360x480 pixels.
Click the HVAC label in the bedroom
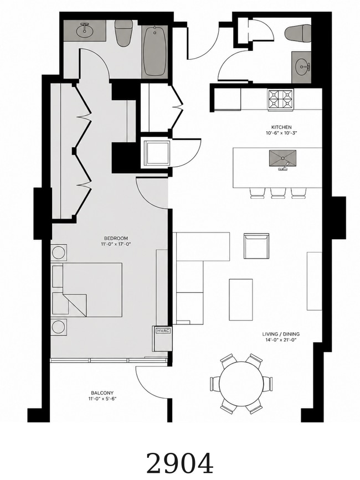click(163, 331)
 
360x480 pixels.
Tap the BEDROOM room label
click(116, 239)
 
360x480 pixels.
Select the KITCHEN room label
click(281, 127)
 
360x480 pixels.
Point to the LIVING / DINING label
click(281, 334)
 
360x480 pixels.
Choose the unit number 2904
click(179, 463)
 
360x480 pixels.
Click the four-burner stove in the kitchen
click(281, 99)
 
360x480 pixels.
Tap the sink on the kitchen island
click(282, 158)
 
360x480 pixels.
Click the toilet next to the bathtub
click(124, 33)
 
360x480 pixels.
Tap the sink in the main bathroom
click(85, 30)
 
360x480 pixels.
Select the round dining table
click(242, 384)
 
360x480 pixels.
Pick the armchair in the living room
click(256, 246)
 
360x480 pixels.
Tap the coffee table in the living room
click(241, 300)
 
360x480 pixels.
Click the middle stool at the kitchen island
click(278, 193)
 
